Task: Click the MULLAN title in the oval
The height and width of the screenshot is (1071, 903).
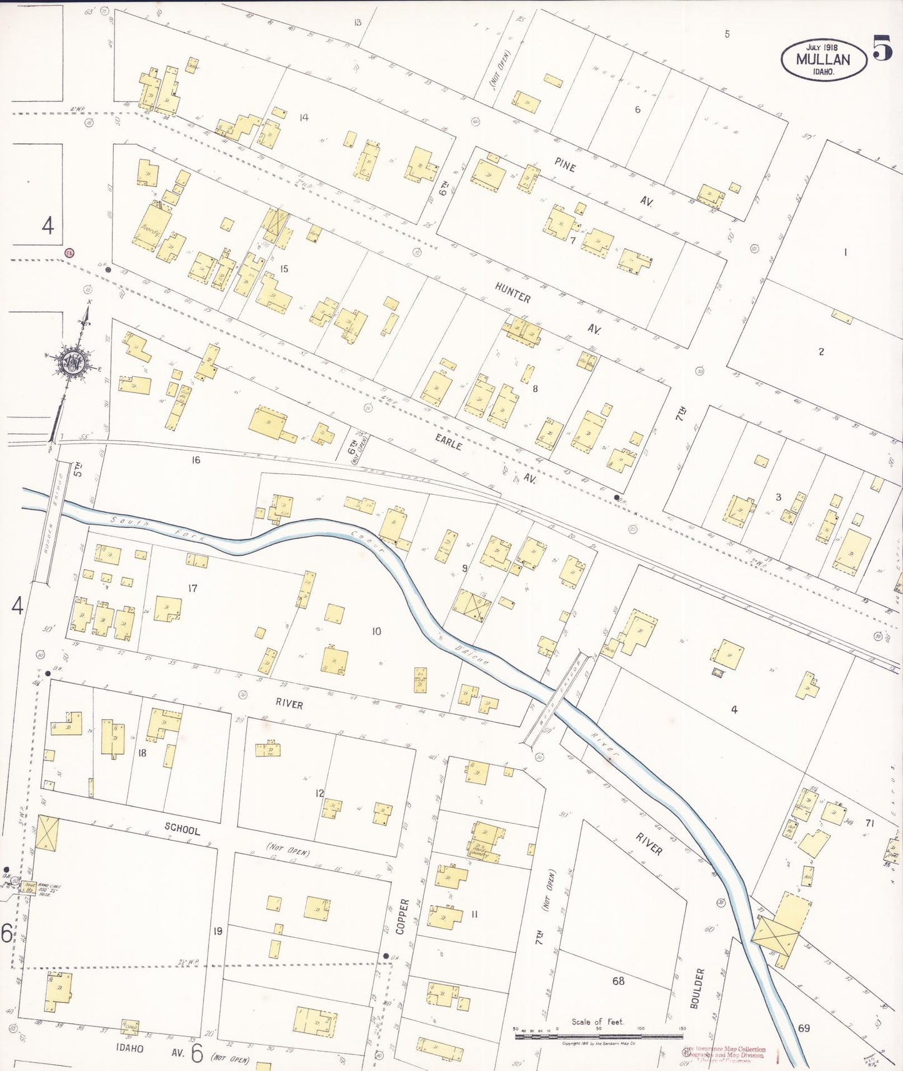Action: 823,60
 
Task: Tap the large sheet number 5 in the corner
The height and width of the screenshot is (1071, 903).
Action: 882,47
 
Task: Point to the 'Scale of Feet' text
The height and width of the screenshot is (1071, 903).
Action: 597,1022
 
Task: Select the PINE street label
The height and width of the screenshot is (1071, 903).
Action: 565,165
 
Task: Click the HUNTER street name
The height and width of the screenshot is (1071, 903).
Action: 512,292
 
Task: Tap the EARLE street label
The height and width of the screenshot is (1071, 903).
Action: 449,442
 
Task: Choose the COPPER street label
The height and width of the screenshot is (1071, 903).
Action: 404,916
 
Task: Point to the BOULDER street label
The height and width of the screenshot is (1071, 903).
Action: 697,988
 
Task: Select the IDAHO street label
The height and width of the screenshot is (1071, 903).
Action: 129,1048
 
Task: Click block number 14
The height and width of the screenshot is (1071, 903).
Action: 304,117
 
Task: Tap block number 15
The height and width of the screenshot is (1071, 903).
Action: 284,269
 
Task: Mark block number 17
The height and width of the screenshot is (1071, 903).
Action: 192,588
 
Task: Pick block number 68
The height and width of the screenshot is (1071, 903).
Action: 618,981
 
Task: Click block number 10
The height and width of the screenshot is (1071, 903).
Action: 376,631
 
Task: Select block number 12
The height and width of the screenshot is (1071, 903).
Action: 319,793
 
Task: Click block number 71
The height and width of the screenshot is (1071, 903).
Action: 869,823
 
